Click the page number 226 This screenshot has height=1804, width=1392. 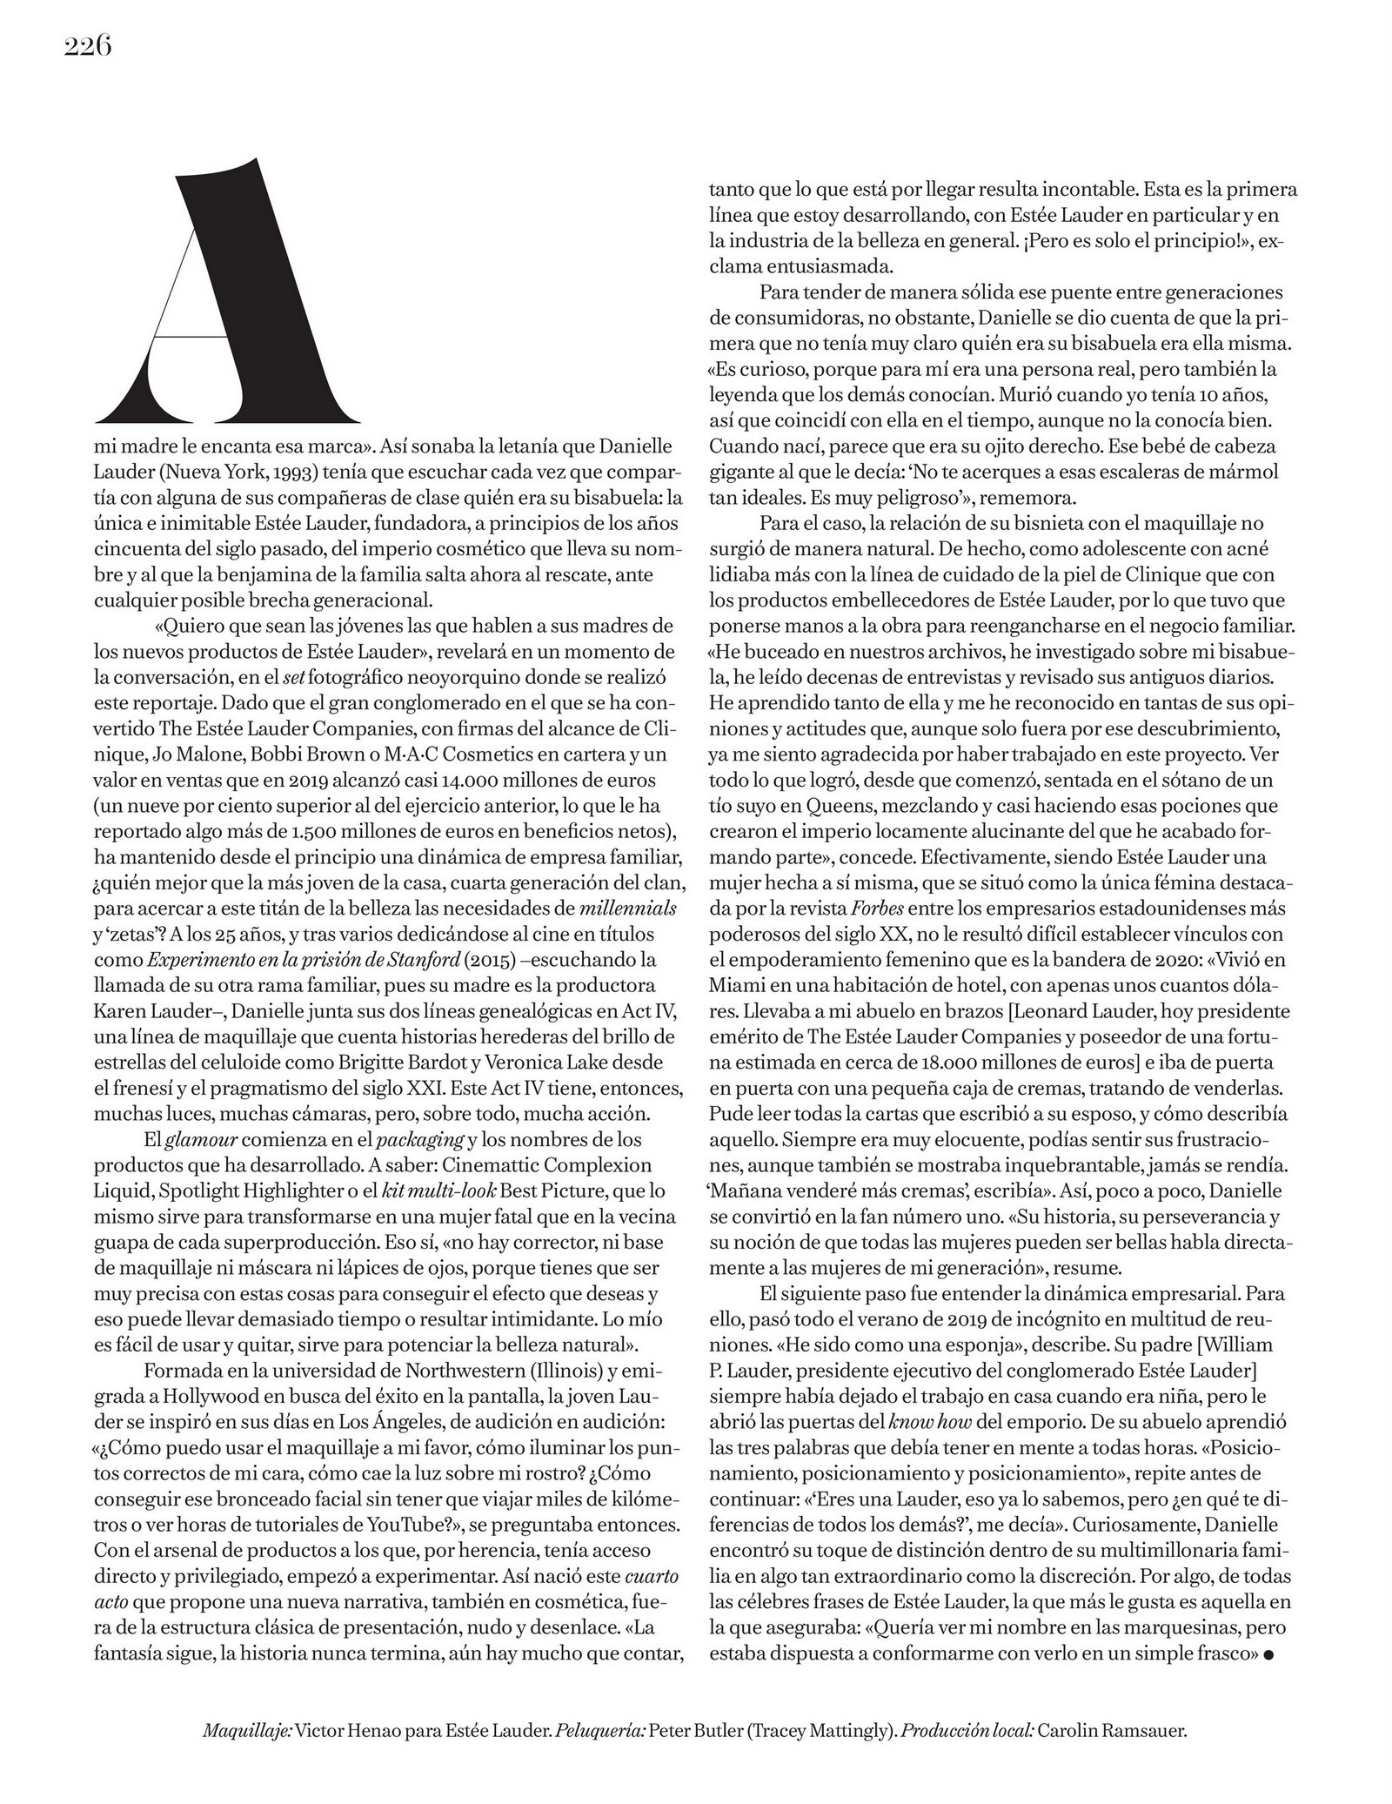coord(88,46)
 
